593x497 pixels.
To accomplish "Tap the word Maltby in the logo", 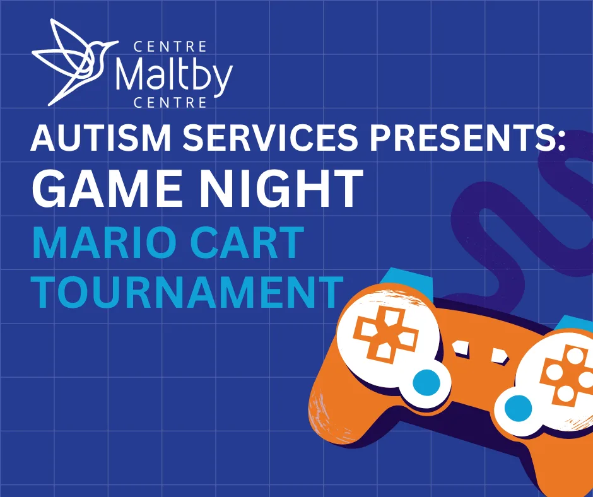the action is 173,75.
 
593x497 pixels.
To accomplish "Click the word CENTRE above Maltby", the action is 170,47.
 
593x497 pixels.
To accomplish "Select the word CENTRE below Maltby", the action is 170,103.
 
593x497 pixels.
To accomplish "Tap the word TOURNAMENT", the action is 187,291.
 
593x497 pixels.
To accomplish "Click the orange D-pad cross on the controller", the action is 385,333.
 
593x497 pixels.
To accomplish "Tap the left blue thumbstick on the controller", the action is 426,382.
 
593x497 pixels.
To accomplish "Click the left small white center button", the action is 461,348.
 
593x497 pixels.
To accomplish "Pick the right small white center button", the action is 499,356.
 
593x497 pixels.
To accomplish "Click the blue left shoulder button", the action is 404,278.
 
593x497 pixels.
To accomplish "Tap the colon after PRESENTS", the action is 560,139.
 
